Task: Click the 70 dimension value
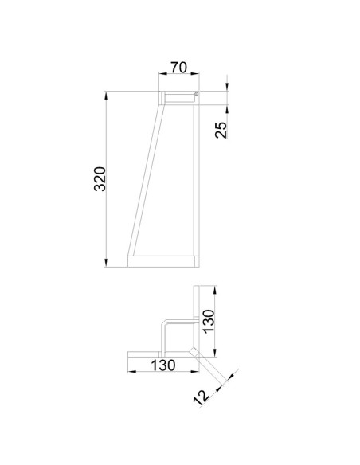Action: click(x=179, y=68)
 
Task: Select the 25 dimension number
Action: click(x=221, y=130)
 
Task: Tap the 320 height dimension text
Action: click(x=100, y=179)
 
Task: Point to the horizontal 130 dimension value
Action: click(x=163, y=365)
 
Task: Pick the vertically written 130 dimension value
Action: click(x=209, y=322)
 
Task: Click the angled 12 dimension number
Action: click(x=202, y=397)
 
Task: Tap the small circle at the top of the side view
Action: click(x=196, y=94)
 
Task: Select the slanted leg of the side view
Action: click(x=147, y=180)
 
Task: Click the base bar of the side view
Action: click(x=163, y=261)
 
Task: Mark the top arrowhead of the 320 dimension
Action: click(x=106, y=96)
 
